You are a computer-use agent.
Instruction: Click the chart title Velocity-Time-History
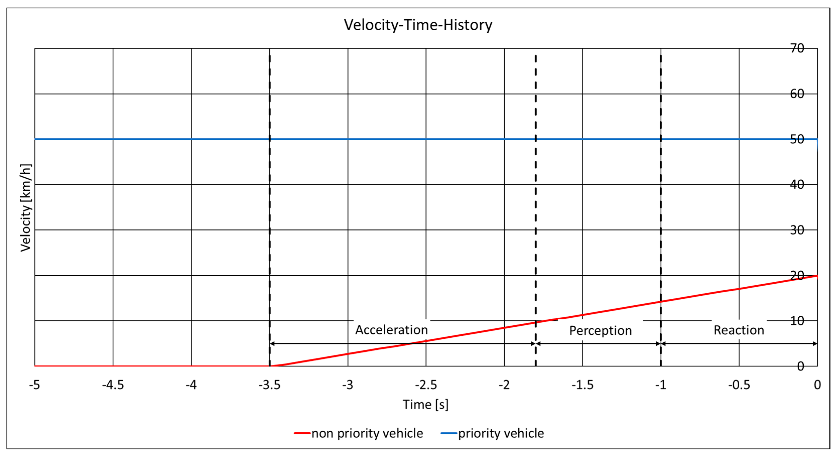(418, 25)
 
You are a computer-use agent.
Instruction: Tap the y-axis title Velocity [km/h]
(26, 208)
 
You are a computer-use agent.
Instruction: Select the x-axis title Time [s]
(425, 405)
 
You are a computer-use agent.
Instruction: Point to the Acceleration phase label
(392, 330)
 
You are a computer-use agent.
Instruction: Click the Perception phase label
(600, 331)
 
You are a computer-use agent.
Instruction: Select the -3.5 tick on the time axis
(269, 385)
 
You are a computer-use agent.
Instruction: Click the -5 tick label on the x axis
(35, 385)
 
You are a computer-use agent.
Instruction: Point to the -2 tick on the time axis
(504, 385)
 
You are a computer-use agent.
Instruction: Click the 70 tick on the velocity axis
(797, 48)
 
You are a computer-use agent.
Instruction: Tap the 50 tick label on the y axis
(797, 139)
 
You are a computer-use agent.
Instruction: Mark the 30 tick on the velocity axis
(797, 230)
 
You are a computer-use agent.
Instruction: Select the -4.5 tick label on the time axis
(113, 385)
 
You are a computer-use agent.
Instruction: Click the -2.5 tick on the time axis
(426, 385)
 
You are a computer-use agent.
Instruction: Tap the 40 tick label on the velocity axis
(797, 185)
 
